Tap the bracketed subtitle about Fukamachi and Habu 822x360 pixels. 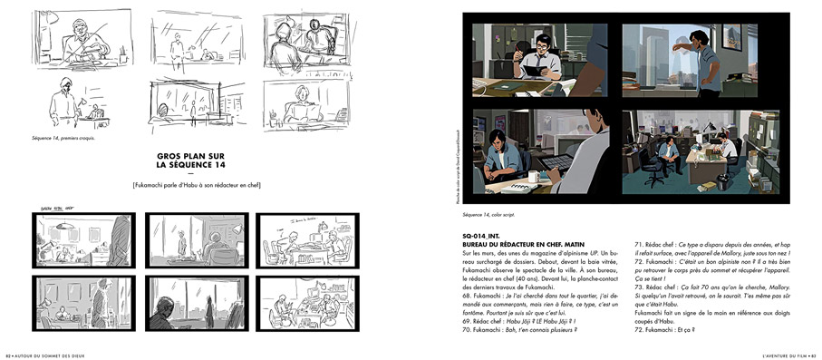[x=196, y=186]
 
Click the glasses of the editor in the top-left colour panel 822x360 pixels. [x=540, y=44]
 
